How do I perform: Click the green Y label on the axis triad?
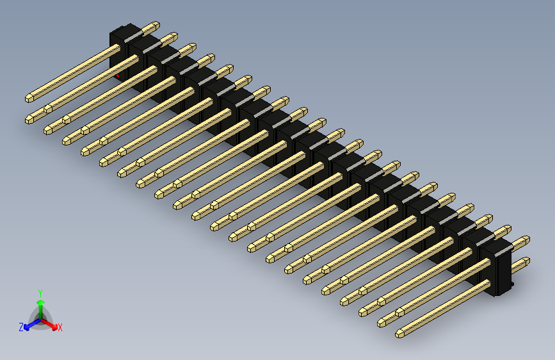coord(40,291)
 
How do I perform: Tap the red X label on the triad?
coord(60,327)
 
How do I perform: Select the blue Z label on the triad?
coord(21,327)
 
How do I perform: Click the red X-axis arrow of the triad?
coord(52,324)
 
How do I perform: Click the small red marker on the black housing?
coord(117,75)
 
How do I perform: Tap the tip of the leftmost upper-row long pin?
coord(29,98)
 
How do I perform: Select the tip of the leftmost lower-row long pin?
coord(29,119)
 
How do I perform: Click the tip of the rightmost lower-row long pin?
coord(399,333)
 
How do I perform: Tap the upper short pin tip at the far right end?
coord(526,240)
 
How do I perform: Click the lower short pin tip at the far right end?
coord(526,261)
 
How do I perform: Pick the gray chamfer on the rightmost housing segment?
coord(493,245)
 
